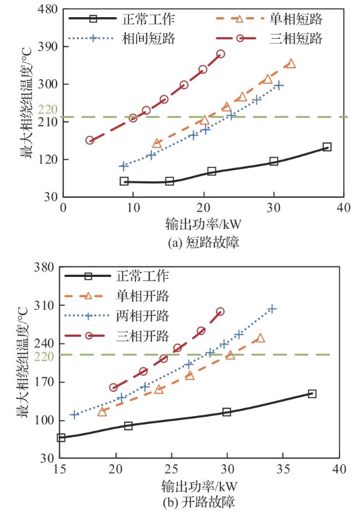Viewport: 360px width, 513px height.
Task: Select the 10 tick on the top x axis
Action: click(x=133, y=207)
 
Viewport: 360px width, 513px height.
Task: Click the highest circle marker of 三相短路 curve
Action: click(x=220, y=54)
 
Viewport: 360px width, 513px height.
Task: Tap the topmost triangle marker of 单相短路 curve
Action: click(x=291, y=64)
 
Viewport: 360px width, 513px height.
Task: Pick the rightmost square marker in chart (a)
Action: click(x=327, y=147)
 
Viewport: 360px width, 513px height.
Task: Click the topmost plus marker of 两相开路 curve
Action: click(x=271, y=309)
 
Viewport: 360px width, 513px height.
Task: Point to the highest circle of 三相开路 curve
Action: click(x=220, y=312)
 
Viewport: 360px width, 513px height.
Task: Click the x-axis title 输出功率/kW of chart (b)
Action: click(x=200, y=486)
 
